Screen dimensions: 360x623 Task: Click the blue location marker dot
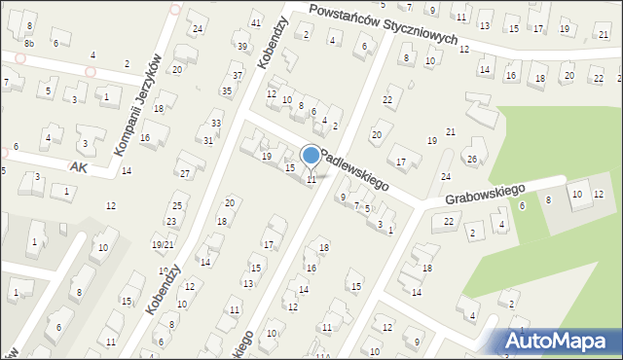pos(311,155)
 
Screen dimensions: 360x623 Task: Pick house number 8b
pos(29,44)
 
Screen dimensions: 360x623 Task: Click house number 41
pos(256,22)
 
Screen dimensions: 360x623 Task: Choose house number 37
pos(238,76)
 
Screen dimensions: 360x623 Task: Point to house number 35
pos(227,91)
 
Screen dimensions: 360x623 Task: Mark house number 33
pos(216,124)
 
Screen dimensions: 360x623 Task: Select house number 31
pos(208,140)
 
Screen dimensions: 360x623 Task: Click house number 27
pos(185,173)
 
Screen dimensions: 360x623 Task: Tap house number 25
pos(177,205)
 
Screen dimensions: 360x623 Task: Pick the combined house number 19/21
pos(163,244)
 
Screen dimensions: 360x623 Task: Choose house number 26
pos(472,159)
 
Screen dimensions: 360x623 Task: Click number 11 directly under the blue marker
pos(311,179)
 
